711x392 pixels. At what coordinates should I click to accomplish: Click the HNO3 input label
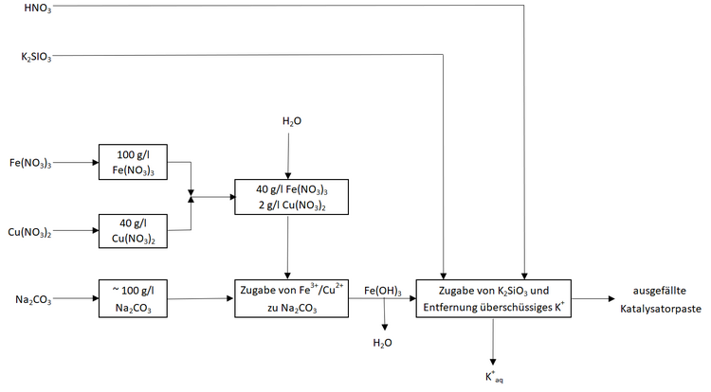click(39, 8)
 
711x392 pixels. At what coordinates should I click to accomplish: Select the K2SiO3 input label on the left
click(36, 57)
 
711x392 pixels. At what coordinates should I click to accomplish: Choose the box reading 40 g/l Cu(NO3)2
click(132, 231)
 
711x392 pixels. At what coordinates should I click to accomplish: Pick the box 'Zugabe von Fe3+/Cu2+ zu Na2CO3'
click(291, 298)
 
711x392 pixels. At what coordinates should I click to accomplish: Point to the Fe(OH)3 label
click(382, 291)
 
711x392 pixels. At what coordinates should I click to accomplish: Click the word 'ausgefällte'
click(661, 291)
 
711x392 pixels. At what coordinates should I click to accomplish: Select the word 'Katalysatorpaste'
click(661, 308)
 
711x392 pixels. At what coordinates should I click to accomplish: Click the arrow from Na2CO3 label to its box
click(77, 299)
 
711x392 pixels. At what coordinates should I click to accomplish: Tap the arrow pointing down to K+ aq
click(493, 340)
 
